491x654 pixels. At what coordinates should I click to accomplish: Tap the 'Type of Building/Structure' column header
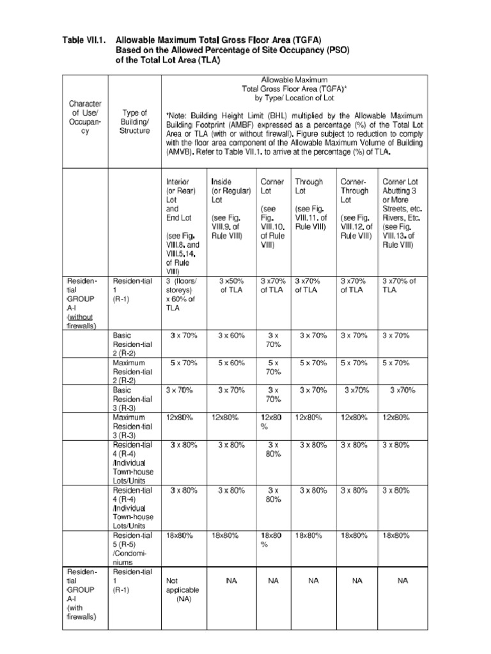(135, 122)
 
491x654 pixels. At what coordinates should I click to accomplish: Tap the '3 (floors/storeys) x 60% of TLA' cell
(182, 294)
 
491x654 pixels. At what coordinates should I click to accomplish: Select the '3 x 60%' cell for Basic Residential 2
(231, 335)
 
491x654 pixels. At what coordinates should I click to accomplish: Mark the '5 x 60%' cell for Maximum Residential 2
(231, 363)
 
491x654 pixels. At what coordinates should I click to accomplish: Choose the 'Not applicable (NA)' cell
(182, 591)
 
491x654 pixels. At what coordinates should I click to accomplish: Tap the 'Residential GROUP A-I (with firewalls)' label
(83, 594)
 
